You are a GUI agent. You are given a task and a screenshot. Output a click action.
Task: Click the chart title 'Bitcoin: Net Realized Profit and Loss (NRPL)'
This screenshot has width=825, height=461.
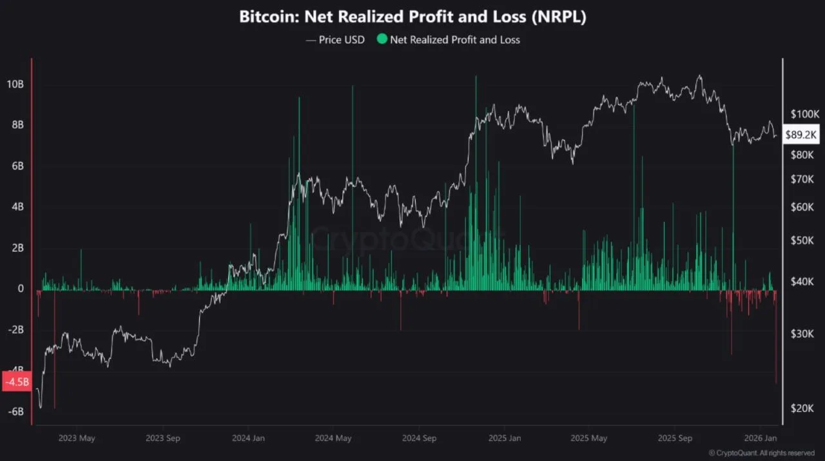412,17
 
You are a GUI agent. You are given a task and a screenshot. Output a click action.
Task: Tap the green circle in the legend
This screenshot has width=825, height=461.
382,39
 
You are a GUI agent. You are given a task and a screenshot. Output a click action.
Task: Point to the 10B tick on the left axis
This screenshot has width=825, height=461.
16,84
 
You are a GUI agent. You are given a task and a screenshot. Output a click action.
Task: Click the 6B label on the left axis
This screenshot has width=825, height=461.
16,166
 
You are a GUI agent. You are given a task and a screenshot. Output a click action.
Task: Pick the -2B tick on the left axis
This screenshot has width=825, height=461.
15,330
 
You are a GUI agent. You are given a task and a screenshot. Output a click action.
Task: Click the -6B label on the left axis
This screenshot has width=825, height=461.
15,411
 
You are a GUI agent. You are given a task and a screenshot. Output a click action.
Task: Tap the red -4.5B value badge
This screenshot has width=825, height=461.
16,382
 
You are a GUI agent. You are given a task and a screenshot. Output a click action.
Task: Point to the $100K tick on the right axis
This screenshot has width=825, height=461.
804,114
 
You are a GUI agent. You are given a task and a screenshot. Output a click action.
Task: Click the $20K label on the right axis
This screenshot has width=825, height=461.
803,407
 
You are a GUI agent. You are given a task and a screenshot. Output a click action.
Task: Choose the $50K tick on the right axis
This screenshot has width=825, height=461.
803,240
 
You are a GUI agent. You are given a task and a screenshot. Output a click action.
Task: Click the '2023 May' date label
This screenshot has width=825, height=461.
77,438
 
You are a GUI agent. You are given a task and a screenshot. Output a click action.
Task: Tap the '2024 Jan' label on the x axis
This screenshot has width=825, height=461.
248,438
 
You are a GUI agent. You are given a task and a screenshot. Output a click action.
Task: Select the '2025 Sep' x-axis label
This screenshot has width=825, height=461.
675,438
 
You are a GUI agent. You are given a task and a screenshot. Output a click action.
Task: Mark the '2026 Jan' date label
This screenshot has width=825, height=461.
761,438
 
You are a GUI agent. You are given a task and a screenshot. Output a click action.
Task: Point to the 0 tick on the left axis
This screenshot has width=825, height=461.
21,289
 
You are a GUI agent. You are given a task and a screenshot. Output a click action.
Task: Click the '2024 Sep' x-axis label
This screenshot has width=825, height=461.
420,438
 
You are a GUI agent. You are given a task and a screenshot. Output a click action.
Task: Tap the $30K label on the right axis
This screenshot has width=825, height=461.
803,333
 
